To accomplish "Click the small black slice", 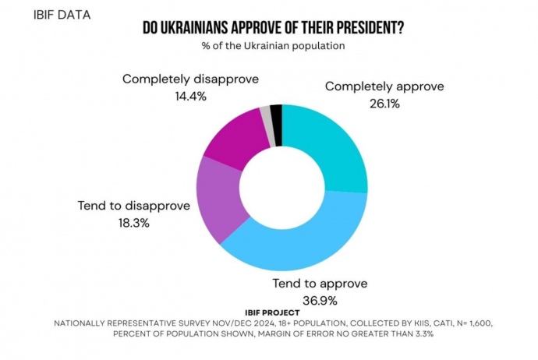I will click(276, 114).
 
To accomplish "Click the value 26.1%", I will click(383, 102).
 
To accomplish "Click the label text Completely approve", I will click(384, 86).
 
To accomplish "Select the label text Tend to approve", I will click(318, 284).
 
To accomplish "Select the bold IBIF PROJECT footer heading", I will click(268, 311).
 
